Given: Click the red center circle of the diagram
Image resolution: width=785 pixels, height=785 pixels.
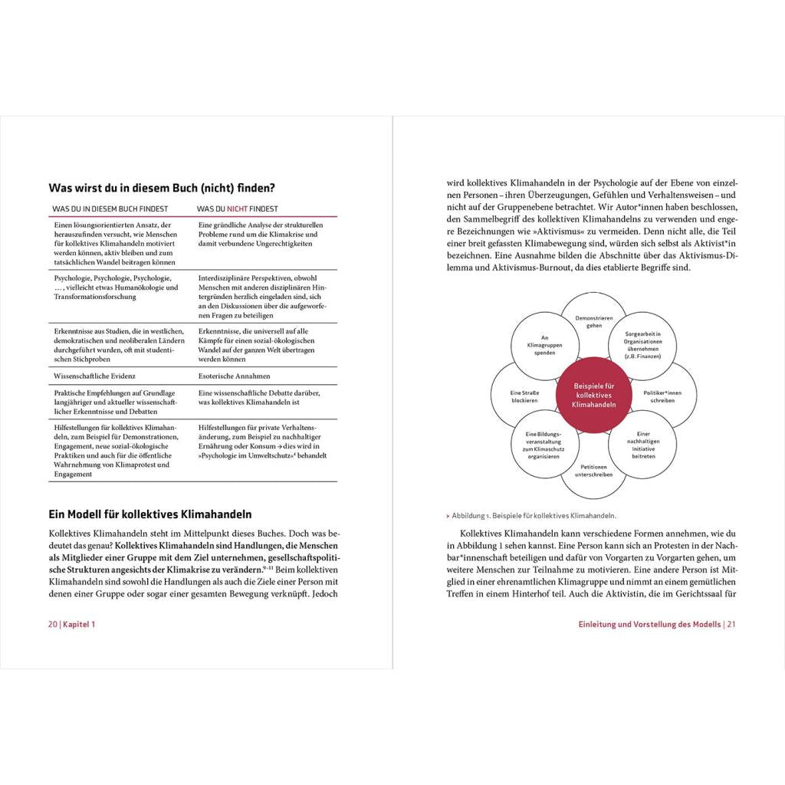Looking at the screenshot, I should (594, 396).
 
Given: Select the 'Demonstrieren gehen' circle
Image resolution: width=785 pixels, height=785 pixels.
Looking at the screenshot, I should (594, 321).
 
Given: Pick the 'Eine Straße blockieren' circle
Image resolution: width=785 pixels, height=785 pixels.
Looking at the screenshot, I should (524, 396).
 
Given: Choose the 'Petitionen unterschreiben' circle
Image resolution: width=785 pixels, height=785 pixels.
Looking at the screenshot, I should (594, 470).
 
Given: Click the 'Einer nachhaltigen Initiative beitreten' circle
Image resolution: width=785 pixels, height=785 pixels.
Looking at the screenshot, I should (644, 445).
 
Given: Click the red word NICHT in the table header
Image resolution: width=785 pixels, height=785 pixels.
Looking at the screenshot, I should (237, 209).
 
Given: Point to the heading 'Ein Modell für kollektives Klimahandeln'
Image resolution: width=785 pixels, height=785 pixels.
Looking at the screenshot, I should (150, 514).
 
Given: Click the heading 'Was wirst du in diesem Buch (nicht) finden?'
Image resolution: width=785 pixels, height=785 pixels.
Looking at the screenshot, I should (162, 187).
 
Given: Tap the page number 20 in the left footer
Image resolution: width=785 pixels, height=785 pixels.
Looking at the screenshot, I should (53, 624).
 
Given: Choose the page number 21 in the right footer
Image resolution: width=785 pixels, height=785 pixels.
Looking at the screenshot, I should (731, 624).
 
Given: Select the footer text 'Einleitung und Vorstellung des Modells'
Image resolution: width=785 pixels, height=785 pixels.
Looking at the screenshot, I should (649, 624).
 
